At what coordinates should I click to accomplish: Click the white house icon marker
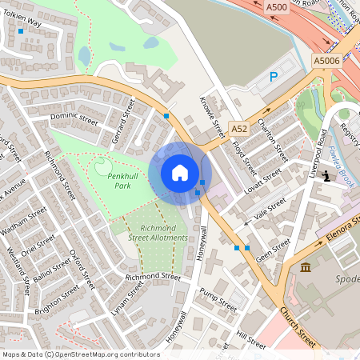[x=180, y=173]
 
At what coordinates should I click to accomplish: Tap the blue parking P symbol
[x=273, y=77]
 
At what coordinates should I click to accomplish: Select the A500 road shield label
[x=276, y=7]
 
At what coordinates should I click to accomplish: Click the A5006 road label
[x=326, y=60]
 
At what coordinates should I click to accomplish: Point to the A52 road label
[x=239, y=128]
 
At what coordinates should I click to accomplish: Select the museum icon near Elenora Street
[x=306, y=266]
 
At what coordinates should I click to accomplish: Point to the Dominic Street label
[x=74, y=120]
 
